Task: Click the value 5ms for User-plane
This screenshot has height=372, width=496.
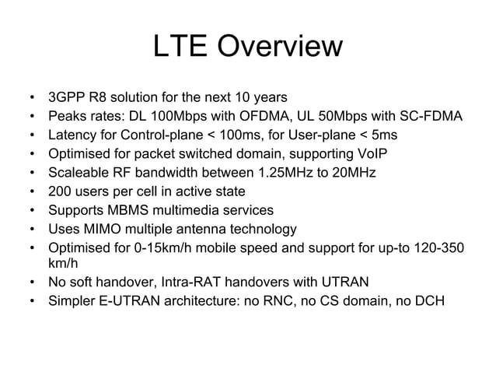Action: pos(401,135)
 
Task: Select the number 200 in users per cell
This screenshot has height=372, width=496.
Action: pos(61,191)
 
